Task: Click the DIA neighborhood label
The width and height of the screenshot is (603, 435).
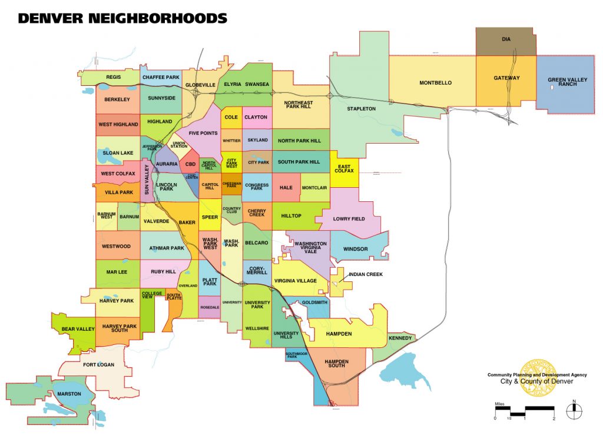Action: (506, 39)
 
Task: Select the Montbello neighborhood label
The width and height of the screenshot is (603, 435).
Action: (435, 83)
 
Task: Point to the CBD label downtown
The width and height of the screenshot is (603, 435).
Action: (190, 165)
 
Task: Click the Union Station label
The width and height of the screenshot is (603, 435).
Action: (178, 144)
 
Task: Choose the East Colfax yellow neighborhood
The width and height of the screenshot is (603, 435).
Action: (344, 168)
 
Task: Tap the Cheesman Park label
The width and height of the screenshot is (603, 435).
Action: (231, 185)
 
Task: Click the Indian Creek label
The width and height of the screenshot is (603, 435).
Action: (365, 274)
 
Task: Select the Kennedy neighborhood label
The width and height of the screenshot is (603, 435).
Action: (400, 338)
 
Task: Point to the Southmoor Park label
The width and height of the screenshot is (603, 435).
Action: (297, 355)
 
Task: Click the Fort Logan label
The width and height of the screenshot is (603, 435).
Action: (98, 364)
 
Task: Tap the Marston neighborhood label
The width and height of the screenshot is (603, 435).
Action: (69, 393)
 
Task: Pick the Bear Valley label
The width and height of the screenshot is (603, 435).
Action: (78, 329)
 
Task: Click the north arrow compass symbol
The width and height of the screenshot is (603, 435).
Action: (574, 411)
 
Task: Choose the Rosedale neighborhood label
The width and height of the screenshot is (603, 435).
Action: (210, 307)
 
